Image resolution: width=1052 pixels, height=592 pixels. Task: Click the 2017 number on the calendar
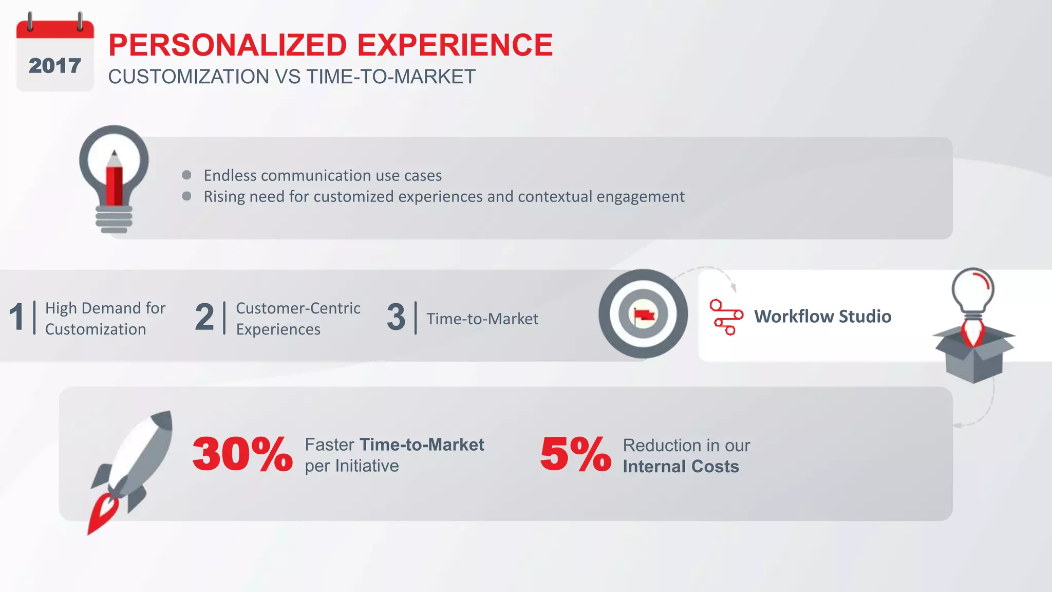(54, 66)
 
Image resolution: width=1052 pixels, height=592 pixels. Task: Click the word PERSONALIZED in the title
(228, 45)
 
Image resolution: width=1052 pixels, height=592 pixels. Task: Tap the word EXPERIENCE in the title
(455, 45)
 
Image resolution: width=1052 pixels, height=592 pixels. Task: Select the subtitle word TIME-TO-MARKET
(391, 77)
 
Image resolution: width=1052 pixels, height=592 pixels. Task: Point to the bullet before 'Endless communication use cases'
(186, 175)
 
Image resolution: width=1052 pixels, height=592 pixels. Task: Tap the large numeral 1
(17, 317)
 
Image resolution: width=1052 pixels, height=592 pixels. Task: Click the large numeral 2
(204, 317)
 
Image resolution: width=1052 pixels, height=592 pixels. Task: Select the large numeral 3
(396, 317)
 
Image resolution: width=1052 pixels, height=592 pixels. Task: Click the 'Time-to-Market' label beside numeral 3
(482, 319)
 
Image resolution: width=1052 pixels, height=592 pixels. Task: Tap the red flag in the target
(643, 314)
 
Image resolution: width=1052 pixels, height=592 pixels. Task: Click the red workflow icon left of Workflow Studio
(726, 317)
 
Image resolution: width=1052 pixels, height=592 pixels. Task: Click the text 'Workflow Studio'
(822, 317)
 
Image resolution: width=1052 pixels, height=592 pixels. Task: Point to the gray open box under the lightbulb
(973, 357)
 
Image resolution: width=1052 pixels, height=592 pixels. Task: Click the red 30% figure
(242, 454)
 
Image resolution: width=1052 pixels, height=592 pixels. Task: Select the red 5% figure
(575, 454)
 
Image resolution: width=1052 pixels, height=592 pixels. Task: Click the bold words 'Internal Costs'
(681, 467)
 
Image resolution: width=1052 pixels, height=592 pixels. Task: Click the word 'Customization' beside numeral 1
(96, 329)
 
